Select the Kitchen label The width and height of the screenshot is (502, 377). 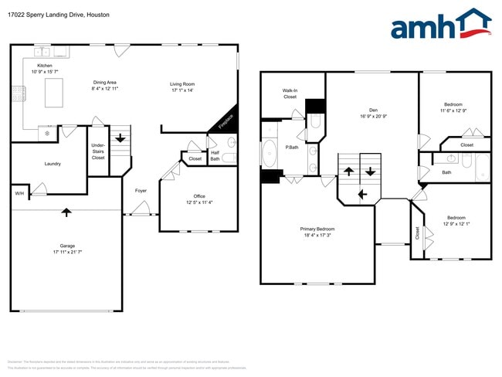[45, 66]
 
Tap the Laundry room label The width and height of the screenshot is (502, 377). [53, 164]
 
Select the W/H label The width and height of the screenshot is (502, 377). [19, 193]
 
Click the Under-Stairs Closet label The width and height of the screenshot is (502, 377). [98, 151]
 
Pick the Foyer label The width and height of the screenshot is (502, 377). [141, 190]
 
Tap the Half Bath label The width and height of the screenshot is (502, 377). [215, 155]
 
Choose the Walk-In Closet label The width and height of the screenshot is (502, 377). [290, 93]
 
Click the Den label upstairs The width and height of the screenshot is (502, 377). [372, 110]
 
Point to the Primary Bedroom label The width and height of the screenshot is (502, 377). [317, 229]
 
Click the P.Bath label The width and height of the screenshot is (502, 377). [293, 147]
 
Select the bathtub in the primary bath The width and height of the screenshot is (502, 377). [270, 152]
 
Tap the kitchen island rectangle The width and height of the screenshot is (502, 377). [53, 93]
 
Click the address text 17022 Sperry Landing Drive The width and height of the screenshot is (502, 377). [43, 15]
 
